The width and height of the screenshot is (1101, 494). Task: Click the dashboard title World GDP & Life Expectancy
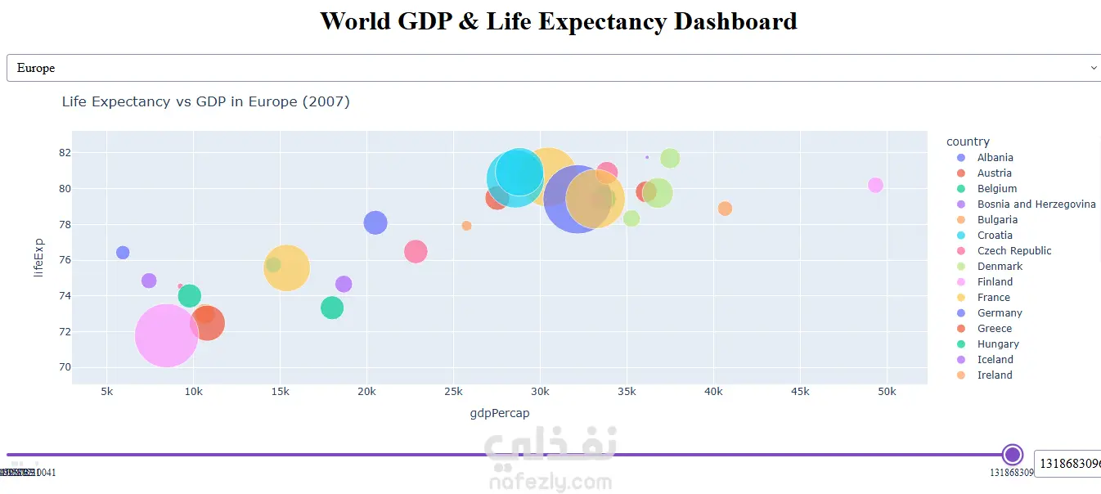(x=558, y=21)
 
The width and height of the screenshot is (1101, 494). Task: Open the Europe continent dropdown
(x=553, y=68)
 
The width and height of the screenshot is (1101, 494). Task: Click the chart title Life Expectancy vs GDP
(x=205, y=101)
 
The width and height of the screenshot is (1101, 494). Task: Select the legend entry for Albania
(x=995, y=158)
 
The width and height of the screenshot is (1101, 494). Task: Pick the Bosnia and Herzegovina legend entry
(x=1036, y=204)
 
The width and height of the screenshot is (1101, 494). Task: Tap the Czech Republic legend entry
(x=1013, y=251)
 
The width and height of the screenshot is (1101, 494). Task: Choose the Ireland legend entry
(x=995, y=375)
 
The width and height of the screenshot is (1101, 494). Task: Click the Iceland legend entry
(x=995, y=360)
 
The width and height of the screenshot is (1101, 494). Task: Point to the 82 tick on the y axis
(x=65, y=153)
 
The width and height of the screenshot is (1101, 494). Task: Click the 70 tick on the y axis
(x=65, y=367)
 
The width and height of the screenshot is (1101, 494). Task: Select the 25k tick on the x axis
(x=453, y=392)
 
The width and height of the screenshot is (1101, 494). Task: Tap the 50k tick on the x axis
(x=887, y=392)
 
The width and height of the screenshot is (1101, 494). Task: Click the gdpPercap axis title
(x=499, y=413)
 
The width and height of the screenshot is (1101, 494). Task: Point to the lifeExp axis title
(x=38, y=258)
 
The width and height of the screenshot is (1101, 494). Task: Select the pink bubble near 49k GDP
(x=875, y=186)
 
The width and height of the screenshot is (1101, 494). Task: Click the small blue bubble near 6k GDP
(x=123, y=253)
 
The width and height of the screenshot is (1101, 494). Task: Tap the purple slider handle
(x=1013, y=455)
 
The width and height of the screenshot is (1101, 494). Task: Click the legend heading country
(x=968, y=141)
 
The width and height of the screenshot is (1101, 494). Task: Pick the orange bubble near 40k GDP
(x=725, y=209)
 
